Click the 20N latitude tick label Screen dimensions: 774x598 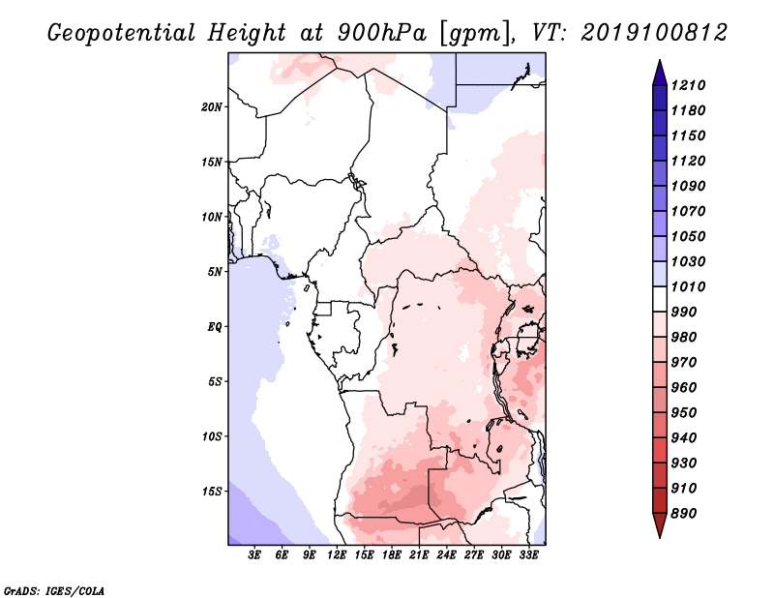pos(212,107)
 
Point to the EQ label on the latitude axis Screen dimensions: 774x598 pos(215,327)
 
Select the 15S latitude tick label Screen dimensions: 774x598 pos(212,492)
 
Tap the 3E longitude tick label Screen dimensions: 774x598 pos(254,555)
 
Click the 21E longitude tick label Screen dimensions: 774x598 pos(419,555)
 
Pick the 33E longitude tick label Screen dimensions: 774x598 pos(528,555)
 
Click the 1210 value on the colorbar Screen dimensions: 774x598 pos(689,85)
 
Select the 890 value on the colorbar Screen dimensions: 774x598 pos(684,514)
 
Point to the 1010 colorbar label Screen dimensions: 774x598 pos(689,286)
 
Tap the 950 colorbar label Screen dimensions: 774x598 pos(684,413)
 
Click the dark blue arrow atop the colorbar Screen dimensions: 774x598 pos(660,73)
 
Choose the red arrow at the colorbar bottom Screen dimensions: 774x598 pos(660,525)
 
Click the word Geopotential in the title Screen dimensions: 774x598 pos(122,34)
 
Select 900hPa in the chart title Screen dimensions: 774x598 pos(381,33)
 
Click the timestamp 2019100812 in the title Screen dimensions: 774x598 pos(654,33)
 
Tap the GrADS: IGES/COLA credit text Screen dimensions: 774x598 pos(54,591)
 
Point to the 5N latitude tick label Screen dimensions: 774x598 pos(215,272)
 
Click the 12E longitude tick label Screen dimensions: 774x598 pos(337,555)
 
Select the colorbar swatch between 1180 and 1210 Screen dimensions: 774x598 pos(660,99)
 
